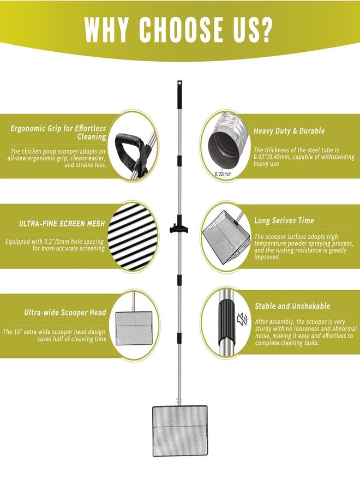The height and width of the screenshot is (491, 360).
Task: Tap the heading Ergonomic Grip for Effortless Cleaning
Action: click(x=58, y=133)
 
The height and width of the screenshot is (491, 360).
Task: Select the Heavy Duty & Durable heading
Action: click(x=289, y=131)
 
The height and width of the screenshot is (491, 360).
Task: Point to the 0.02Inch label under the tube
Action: click(x=224, y=173)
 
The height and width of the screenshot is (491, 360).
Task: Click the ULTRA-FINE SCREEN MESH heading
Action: click(x=62, y=224)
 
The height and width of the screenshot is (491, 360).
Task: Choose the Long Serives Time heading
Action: click(x=284, y=220)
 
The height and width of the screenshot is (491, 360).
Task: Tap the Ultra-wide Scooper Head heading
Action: click(x=65, y=313)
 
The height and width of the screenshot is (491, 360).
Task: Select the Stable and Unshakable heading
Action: click(x=292, y=306)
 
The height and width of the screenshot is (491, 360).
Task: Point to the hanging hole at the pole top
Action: click(x=179, y=83)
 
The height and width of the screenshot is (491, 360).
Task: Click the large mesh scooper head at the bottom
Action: click(x=179, y=431)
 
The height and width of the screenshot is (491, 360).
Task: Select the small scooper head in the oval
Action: click(x=134, y=328)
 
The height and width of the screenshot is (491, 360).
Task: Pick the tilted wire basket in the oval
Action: click(x=226, y=239)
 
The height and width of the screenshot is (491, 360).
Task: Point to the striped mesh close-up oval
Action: click(x=133, y=236)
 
